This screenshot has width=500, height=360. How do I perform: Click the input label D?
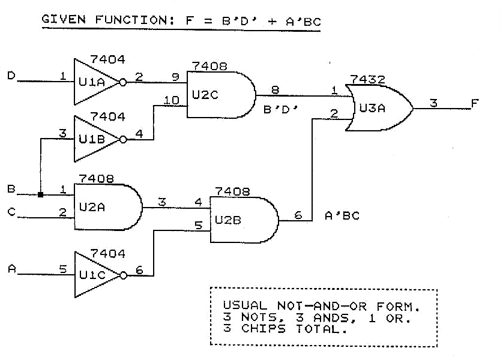10,76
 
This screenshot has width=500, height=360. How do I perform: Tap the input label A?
10,269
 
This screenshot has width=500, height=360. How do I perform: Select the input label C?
10,211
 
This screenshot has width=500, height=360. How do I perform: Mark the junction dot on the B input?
40,194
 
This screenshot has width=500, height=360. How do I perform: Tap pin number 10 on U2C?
171,100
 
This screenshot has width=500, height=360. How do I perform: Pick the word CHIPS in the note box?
267,329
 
